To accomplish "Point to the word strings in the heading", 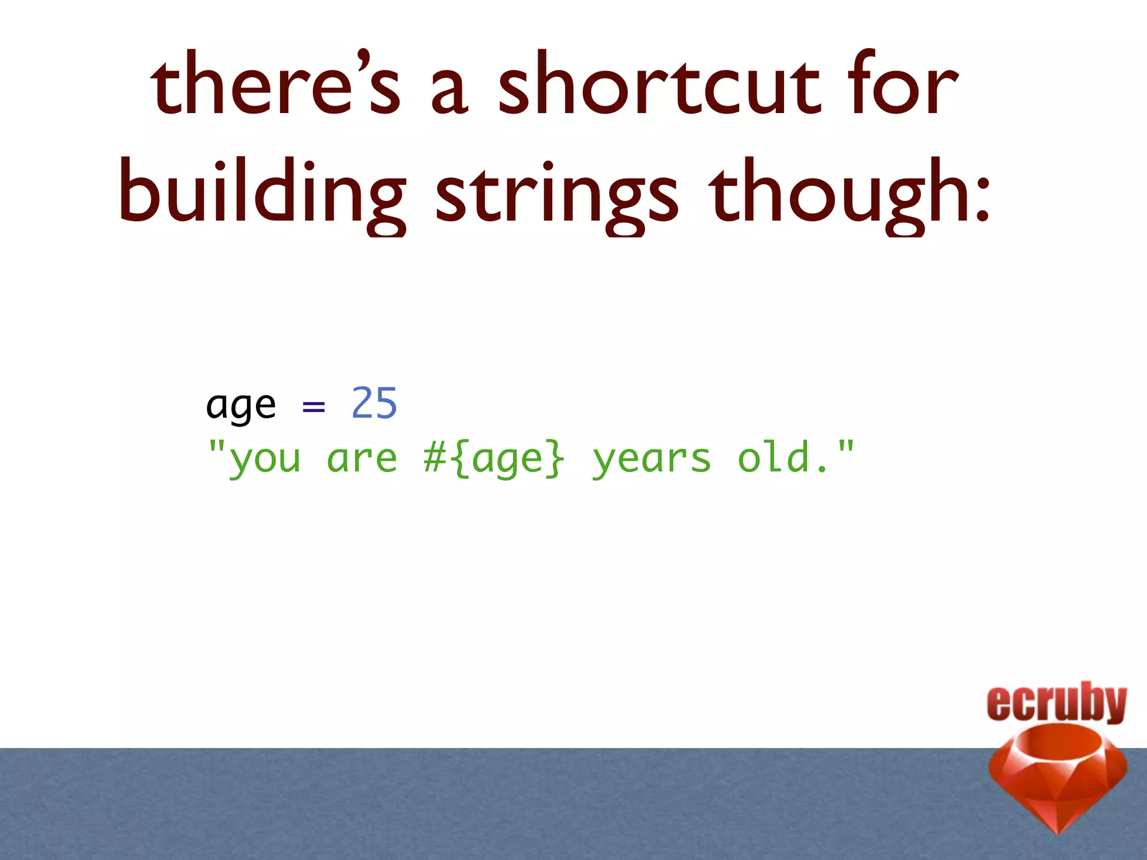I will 557,193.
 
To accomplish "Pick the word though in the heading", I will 834,193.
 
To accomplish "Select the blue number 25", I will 374,403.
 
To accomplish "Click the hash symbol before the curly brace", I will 435,458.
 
